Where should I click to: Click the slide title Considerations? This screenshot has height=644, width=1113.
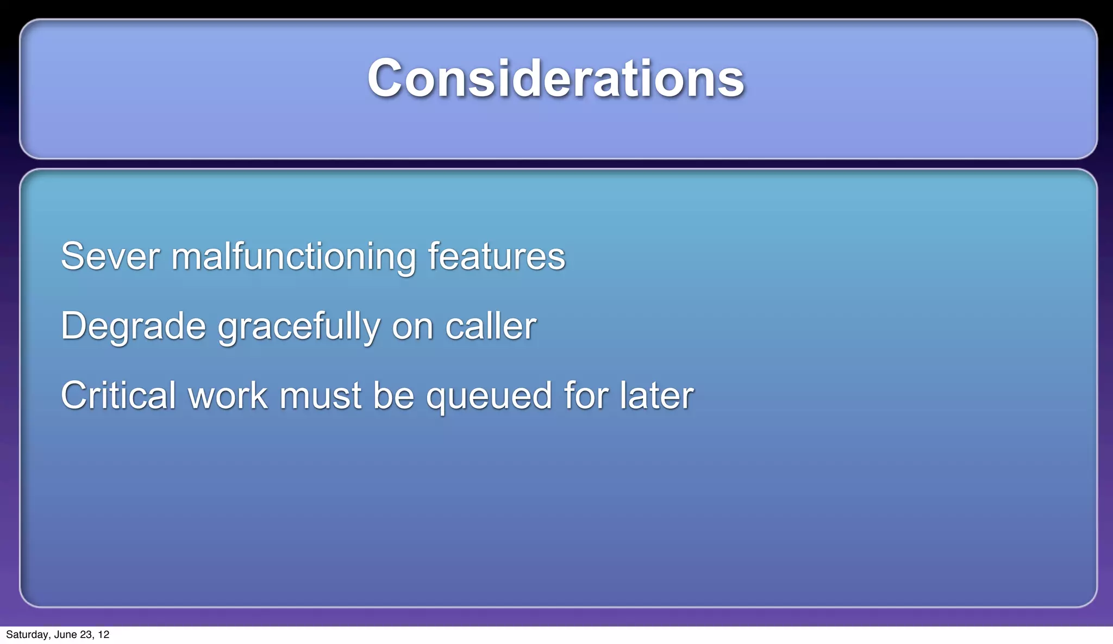tap(555, 79)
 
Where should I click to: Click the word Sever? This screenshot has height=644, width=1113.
tap(110, 256)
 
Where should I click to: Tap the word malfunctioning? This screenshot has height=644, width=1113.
tap(293, 256)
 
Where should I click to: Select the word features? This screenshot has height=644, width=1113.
tap(496, 256)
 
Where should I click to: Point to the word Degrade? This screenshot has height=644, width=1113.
tap(133, 326)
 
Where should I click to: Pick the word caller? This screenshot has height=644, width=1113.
tap(490, 326)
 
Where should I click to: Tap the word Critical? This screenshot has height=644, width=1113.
tap(118, 395)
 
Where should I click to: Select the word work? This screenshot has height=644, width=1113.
tap(228, 395)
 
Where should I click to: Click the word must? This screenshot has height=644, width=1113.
tap(320, 395)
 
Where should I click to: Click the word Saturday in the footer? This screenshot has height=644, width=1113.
tap(27, 635)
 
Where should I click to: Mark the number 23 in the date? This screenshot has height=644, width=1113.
tap(86, 635)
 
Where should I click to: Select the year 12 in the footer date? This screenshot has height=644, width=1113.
tap(103, 635)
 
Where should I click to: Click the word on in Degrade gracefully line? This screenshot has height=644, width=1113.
tap(412, 326)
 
